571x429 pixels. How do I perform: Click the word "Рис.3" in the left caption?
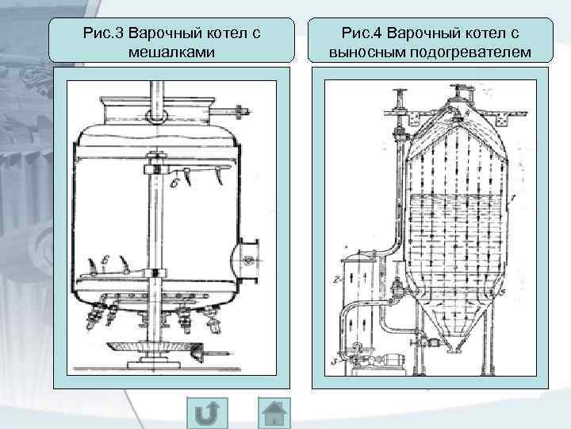tap(102, 34)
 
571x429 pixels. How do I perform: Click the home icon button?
tap(276, 413)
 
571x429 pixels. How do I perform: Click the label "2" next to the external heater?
tap(336, 280)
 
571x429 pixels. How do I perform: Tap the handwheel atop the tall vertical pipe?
tap(399, 90)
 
